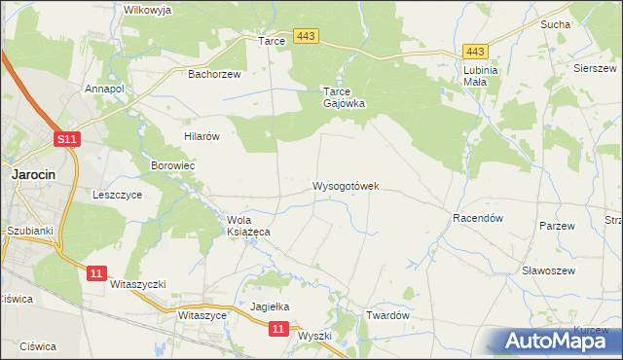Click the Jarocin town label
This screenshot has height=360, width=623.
(32, 174)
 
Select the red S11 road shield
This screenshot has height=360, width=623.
(66, 140)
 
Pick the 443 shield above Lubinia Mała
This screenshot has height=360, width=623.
(475, 52)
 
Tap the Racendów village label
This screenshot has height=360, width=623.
(477, 219)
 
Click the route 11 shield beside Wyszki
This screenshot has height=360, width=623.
(279, 330)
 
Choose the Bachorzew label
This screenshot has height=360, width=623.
(214, 73)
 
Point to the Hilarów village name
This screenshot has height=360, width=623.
(202, 137)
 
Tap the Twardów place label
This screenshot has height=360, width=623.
(386, 316)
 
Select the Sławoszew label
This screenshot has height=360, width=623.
(549, 270)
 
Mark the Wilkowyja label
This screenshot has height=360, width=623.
(148, 10)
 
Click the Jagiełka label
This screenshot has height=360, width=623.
(271, 306)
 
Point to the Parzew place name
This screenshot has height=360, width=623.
(558, 226)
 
